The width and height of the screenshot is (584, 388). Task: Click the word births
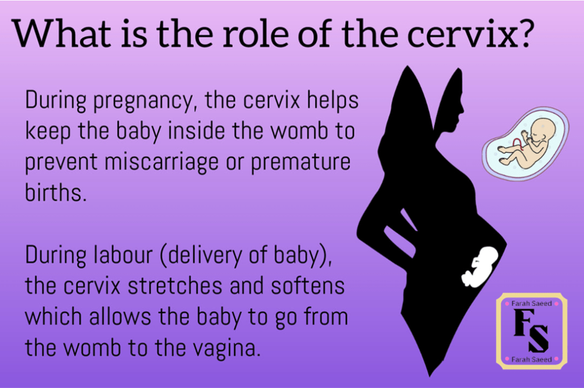(55, 192)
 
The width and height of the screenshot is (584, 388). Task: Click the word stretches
(175, 286)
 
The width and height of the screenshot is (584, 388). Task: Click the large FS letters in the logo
(531, 331)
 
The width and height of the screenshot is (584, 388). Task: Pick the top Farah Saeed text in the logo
(531, 304)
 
